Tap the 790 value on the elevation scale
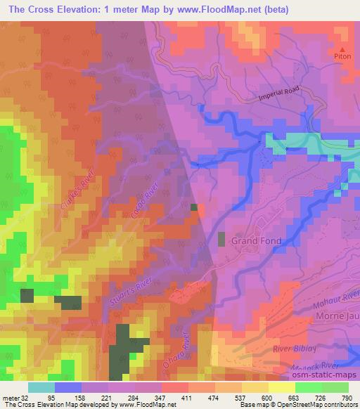[347, 398]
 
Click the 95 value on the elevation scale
[51, 398]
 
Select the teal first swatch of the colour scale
[41, 387]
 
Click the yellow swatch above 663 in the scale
[283, 387]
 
